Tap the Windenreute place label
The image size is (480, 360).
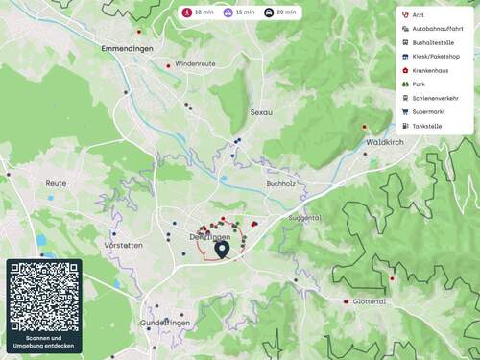point(196,63)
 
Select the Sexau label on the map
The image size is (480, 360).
point(261,112)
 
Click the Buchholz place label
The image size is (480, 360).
point(279,182)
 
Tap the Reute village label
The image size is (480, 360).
point(56,182)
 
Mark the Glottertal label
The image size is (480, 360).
point(370,301)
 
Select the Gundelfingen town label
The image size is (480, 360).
point(166,324)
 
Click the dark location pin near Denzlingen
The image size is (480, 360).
point(223,250)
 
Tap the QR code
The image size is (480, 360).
point(44,297)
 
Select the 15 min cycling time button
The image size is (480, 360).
point(240,13)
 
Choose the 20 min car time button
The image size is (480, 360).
point(281,13)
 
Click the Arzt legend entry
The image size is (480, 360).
point(418,15)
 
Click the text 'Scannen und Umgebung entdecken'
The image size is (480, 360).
point(44,343)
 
